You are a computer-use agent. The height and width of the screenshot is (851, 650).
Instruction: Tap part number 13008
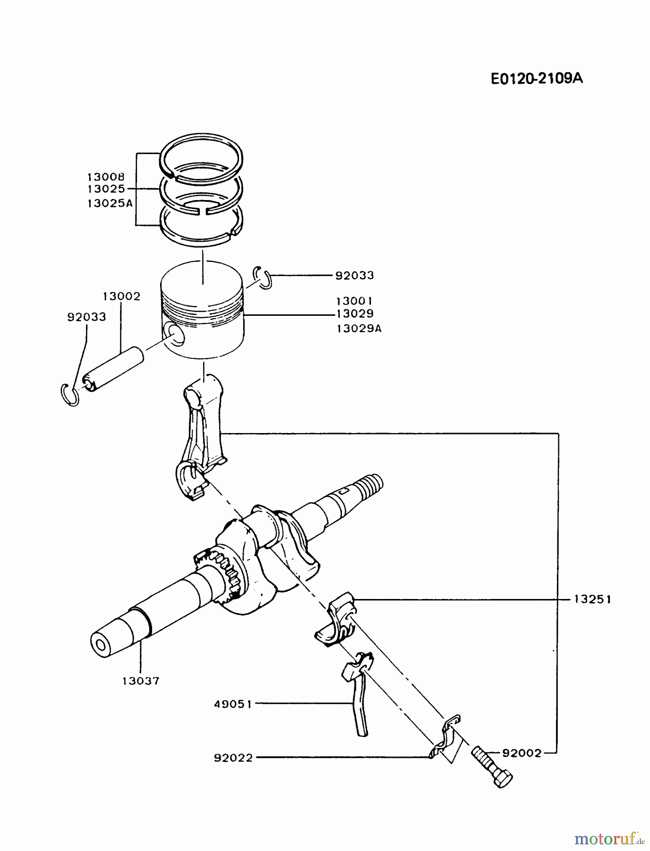106,177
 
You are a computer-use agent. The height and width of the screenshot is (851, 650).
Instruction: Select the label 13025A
110,204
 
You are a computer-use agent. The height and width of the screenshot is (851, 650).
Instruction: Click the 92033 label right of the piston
354,275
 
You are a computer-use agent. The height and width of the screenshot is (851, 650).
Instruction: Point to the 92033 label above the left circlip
86,317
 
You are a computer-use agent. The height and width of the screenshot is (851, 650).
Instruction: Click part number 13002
121,296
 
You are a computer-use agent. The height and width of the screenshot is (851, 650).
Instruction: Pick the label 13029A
359,328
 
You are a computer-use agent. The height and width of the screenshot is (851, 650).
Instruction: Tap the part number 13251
592,599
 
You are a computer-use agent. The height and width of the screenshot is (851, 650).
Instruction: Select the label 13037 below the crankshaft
141,681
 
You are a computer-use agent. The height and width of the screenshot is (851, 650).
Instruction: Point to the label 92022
233,758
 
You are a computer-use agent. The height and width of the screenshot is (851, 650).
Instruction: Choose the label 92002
522,753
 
